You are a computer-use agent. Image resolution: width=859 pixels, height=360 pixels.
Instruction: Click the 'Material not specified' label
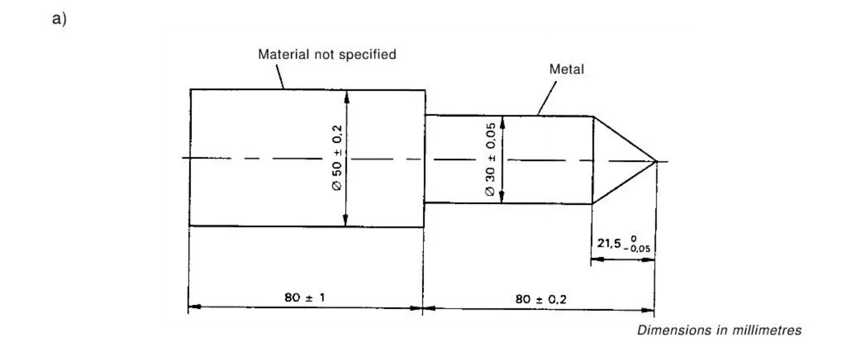(327, 55)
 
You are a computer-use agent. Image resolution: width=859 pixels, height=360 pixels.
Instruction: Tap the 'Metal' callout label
(566, 70)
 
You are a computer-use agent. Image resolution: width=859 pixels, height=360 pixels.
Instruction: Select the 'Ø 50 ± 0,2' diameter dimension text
(337, 158)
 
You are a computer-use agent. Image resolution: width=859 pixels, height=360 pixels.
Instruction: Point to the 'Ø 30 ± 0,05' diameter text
(490, 160)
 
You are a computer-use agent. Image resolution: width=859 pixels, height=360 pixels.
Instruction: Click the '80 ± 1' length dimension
(305, 298)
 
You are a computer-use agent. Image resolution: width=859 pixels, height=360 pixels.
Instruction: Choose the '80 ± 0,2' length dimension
(540, 299)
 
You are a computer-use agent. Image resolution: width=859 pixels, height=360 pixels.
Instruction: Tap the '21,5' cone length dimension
(609, 242)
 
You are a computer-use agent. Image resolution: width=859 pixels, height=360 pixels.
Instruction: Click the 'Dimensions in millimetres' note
(719, 330)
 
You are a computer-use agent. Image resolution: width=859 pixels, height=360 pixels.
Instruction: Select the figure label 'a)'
(59, 19)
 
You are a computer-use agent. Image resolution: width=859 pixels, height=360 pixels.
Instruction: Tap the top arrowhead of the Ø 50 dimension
(346, 96)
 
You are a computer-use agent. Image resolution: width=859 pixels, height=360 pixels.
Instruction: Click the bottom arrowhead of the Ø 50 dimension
(346, 220)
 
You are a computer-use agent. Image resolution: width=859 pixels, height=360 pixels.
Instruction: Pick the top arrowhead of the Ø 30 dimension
(502, 121)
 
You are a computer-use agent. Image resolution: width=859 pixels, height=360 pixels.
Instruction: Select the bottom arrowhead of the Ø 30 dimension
(501, 197)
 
